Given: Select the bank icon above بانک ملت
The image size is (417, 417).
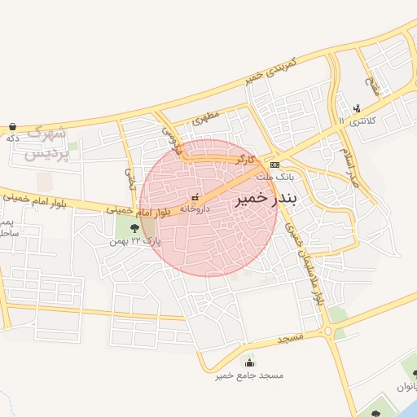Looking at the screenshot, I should [x=274, y=164].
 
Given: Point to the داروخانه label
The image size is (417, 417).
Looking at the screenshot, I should [x=195, y=208].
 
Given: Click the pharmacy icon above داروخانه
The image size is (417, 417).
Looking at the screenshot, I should [x=195, y=196].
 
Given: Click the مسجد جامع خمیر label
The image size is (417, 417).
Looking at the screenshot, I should [x=248, y=375].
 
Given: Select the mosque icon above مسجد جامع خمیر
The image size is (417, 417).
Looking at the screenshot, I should [x=249, y=362].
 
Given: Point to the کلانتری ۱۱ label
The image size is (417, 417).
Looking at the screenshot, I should [x=356, y=121].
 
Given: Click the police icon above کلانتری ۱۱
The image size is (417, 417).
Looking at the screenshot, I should [x=357, y=108].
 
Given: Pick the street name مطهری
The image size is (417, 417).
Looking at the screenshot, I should [x=207, y=119].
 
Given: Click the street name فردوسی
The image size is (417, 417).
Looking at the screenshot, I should [x=169, y=136].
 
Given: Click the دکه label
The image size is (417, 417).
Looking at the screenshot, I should [x=12, y=138].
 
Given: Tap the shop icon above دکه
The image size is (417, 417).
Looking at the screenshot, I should [x=13, y=126].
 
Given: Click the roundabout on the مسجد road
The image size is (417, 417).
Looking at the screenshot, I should [x=328, y=330].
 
